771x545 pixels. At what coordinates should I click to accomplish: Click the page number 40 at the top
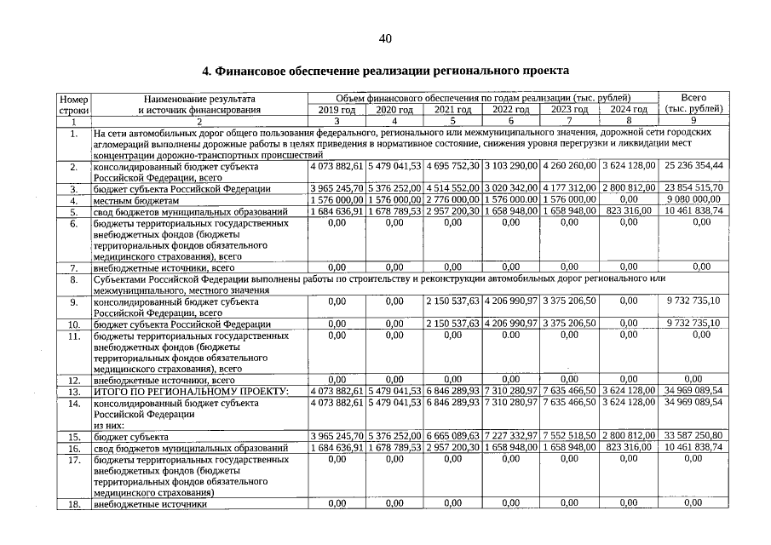(385, 38)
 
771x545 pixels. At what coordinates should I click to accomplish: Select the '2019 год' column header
(337, 110)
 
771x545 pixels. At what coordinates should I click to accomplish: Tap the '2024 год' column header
(629, 110)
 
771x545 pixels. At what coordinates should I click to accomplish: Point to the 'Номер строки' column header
(74, 104)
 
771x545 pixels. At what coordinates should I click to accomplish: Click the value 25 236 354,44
(693, 165)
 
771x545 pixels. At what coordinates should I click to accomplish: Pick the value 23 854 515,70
(693, 188)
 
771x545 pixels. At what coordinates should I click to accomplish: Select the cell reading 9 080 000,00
(693, 199)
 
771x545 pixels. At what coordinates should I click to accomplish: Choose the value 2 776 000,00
(454, 199)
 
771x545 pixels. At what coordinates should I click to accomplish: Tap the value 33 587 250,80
(693, 436)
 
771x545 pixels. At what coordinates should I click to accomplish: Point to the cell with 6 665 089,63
(454, 436)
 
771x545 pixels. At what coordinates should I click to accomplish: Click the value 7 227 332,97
(512, 436)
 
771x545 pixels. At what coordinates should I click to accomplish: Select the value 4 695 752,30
(454, 165)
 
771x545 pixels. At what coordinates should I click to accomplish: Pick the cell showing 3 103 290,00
(512, 165)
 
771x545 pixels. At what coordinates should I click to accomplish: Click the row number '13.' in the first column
(74, 391)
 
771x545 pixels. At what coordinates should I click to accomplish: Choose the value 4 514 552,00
(454, 188)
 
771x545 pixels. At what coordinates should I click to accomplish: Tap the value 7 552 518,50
(570, 436)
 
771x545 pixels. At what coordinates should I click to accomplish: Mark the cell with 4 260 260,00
(570, 165)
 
